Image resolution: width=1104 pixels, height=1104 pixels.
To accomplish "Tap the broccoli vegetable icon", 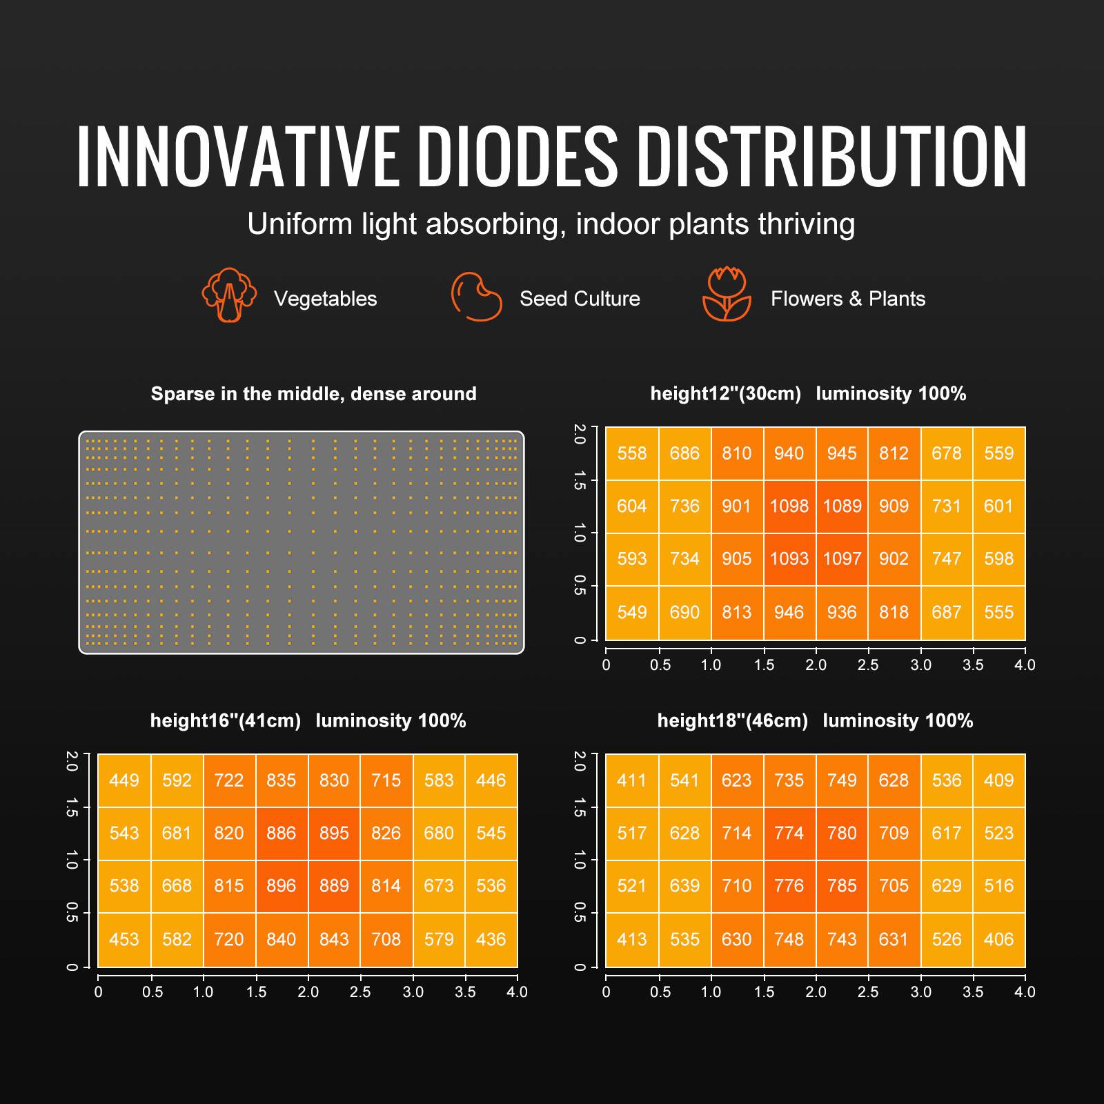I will click(x=229, y=295).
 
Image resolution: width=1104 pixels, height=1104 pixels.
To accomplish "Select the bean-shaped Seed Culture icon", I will click(x=477, y=297).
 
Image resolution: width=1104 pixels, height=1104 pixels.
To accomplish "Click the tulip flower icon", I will click(x=726, y=295).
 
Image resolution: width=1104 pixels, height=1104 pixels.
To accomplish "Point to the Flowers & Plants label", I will click(x=848, y=299).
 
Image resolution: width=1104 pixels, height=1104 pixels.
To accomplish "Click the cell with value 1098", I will click(x=789, y=506).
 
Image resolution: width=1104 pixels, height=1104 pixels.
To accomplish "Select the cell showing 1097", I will click(x=842, y=558).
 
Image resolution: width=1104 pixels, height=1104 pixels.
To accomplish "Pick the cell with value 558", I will click(x=632, y=453).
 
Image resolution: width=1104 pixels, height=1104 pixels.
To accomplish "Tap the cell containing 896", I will click(x=282, y=885).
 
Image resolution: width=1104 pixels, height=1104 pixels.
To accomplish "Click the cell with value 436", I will click(x=491, y=939).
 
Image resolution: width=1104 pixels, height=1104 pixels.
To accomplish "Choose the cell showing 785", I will click(x=842, y=885).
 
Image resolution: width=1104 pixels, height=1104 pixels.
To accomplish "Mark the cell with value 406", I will click(x=998, y=939).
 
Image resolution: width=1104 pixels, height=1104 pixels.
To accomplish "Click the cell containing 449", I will click(x=124, y=780).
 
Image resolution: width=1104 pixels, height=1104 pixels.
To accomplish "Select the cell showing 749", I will click(x=842, y=780).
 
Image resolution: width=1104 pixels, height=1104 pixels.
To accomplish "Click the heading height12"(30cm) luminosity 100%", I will click(x=808, y=394).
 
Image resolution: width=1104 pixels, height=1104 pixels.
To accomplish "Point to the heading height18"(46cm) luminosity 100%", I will click(x=815, y=721).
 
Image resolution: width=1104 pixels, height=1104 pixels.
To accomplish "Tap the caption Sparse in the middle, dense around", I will click(x=313, y=394).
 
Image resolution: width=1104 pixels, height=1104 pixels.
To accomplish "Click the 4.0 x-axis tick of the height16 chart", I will click(x=517, y=992).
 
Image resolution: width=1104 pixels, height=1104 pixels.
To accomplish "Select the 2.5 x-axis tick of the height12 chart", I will click(x=868, y=665).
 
